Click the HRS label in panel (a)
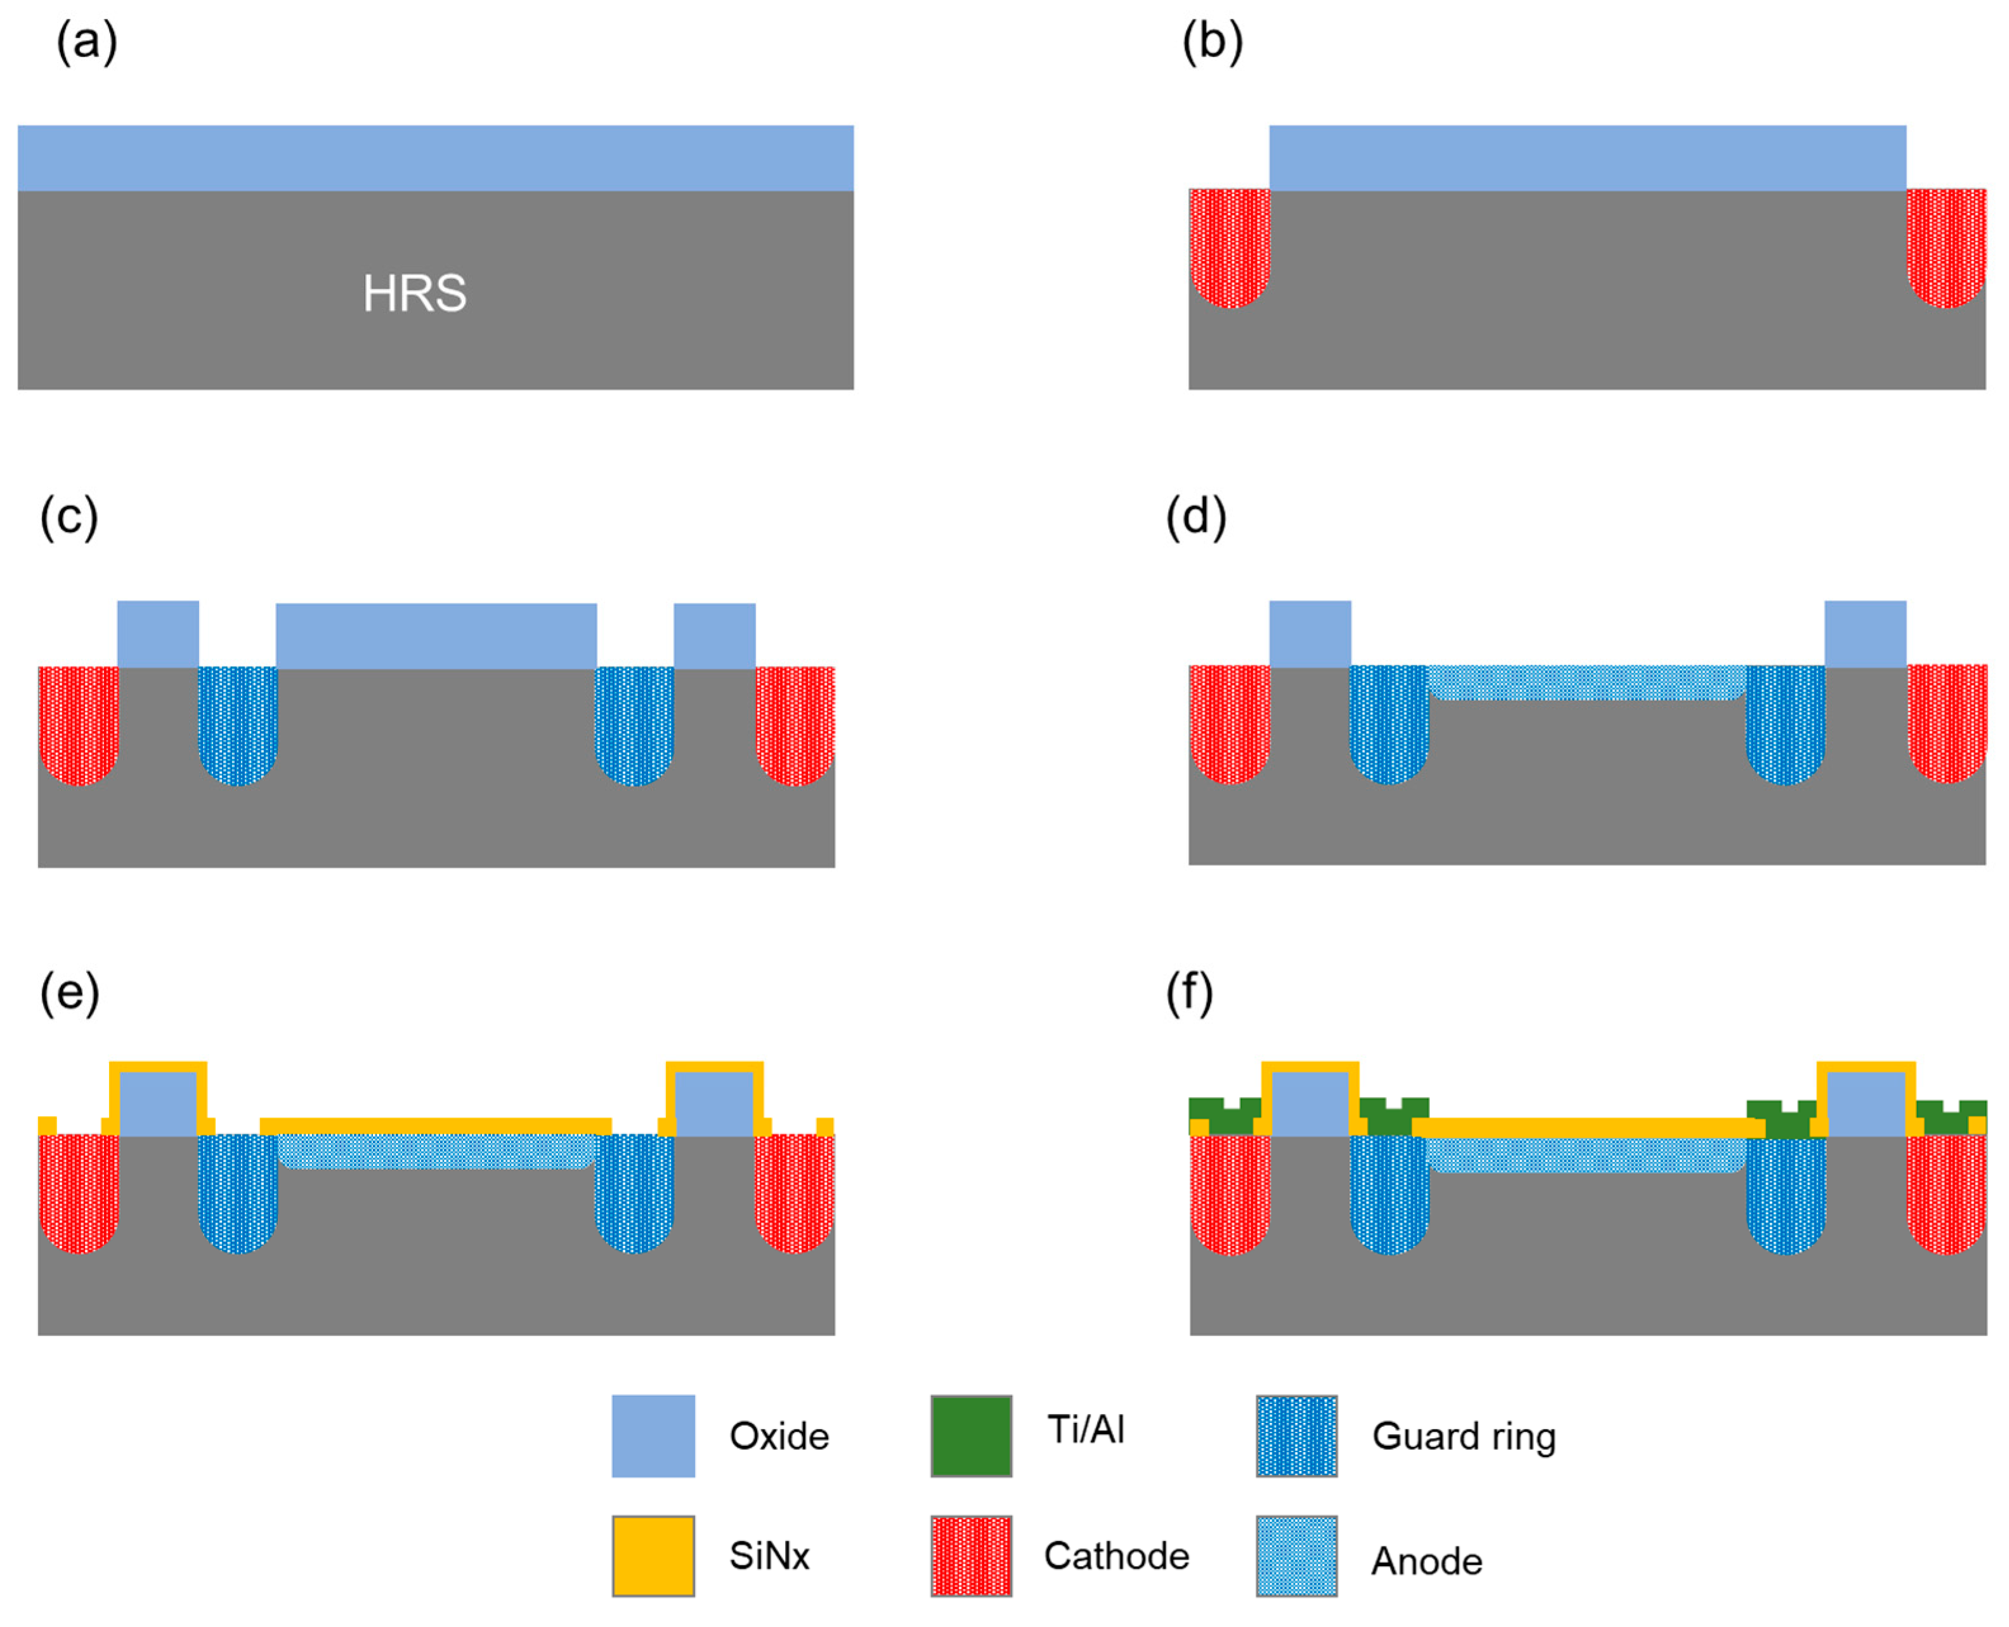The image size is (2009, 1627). tap(414, 293)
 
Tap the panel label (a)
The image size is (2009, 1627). tap(87, 42)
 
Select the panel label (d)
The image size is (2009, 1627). tap(1195, 517)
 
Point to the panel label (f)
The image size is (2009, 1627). tap(1188, 991)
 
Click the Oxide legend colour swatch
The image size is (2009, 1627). tap(653, 1436)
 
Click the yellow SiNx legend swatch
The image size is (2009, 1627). tap(653, 1556)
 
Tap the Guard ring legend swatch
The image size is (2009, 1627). tap(1296, 1436)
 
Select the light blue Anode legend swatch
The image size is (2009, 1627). tap(1296, 1556)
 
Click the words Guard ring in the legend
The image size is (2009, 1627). tap(1464, 1436)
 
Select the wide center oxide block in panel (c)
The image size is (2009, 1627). tap(436, 636)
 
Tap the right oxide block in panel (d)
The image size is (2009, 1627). tap(1864, 634)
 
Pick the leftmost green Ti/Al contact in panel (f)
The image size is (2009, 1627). tap(1223, 1116)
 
